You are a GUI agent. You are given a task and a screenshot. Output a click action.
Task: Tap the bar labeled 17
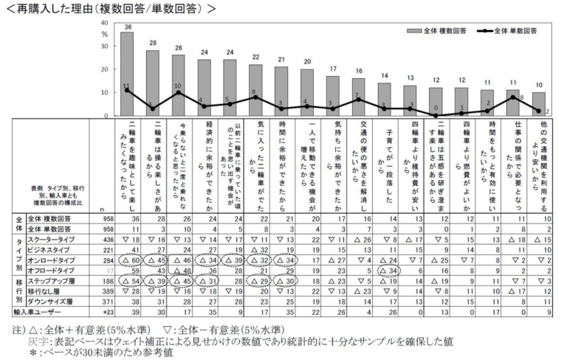(333, 96)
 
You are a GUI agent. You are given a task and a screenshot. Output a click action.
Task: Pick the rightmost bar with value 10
(539, 104)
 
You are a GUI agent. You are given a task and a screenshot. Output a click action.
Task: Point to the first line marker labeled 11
(127, 90)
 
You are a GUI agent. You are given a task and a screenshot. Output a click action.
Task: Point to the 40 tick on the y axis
(104, 24)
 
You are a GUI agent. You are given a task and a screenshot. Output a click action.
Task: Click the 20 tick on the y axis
(104, 70)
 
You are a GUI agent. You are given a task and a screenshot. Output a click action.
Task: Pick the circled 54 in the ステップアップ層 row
(133, 282)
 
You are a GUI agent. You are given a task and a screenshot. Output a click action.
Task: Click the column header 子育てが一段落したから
(384, 162)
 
